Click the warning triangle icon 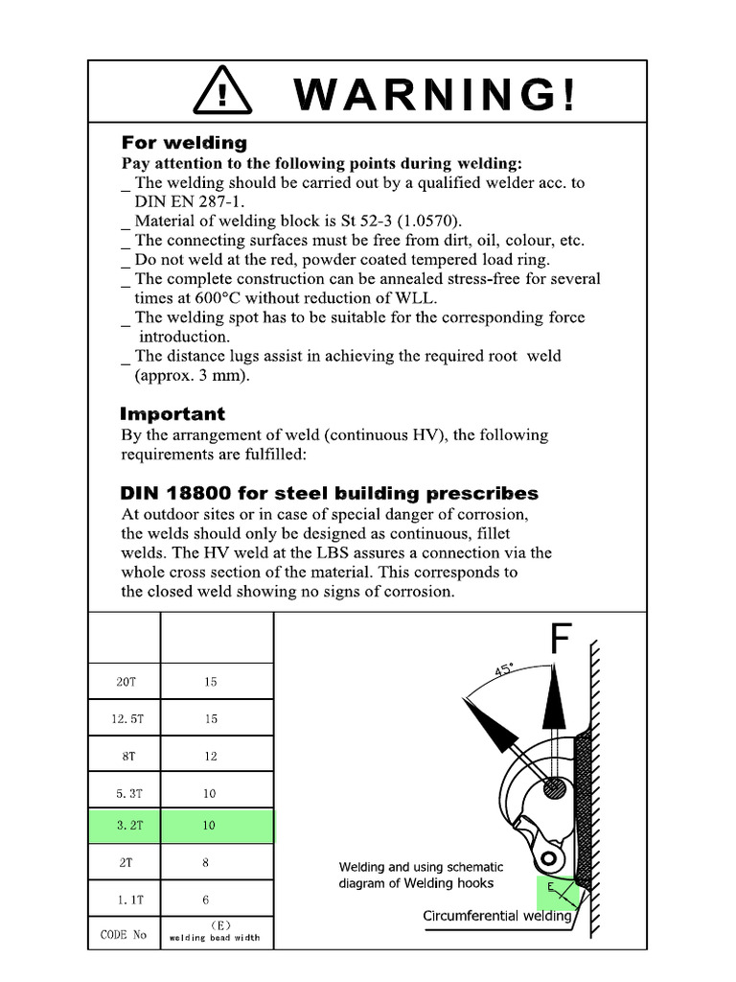[x=222, y=93]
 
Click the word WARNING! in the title [x=437, y=94]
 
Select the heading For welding [x=183, y=143]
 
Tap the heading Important [x=172, y=414]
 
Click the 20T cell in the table [x=125, y=682]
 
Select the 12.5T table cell [x=125, y=718]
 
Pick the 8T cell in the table [x=125, y=756]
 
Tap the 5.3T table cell [x=125, y=793]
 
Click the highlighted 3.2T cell [x=125, y=826]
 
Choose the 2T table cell [x=125, y=862]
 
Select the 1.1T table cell [x=125, y=900]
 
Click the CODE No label [x=124, y=934]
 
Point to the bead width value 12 [x=211, y=756]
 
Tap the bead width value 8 [x=205, y=862]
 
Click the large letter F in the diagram [x=562, y=640]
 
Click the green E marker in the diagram [x=552, y=888]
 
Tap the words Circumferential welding [x=497, y=916]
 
